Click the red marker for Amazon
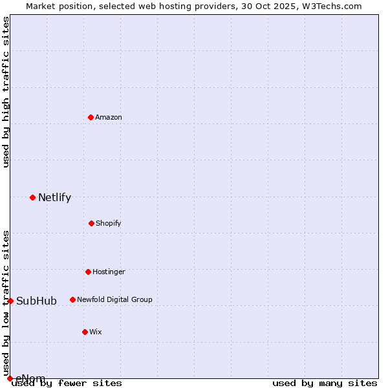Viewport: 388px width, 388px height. pos(91,117)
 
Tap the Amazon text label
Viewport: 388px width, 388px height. pos(109,118)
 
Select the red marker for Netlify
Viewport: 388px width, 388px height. pos(32,197)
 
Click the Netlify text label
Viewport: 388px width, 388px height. pos(54,198)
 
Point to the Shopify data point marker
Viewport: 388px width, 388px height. pos(91,223)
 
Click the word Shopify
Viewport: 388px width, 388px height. pos(109,224)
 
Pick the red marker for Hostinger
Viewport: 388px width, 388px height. pos(88,272)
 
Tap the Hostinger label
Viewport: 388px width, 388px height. pos(109,272)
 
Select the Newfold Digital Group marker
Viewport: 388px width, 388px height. pos(72,299)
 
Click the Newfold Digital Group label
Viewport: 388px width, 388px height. pos(114,300)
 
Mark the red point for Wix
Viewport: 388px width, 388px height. pos(85,332)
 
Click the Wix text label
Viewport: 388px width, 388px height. pos(96,332)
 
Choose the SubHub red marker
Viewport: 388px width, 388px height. pos(10,301)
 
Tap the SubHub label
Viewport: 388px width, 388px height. pos(36,301)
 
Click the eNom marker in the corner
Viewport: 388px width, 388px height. pos(10,378)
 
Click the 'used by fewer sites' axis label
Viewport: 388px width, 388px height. pos(67,383)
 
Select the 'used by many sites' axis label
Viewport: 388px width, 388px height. pos(325,383)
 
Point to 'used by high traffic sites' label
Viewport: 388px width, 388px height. pos(6,92)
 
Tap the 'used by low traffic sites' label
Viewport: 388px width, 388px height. pos(6,298)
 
